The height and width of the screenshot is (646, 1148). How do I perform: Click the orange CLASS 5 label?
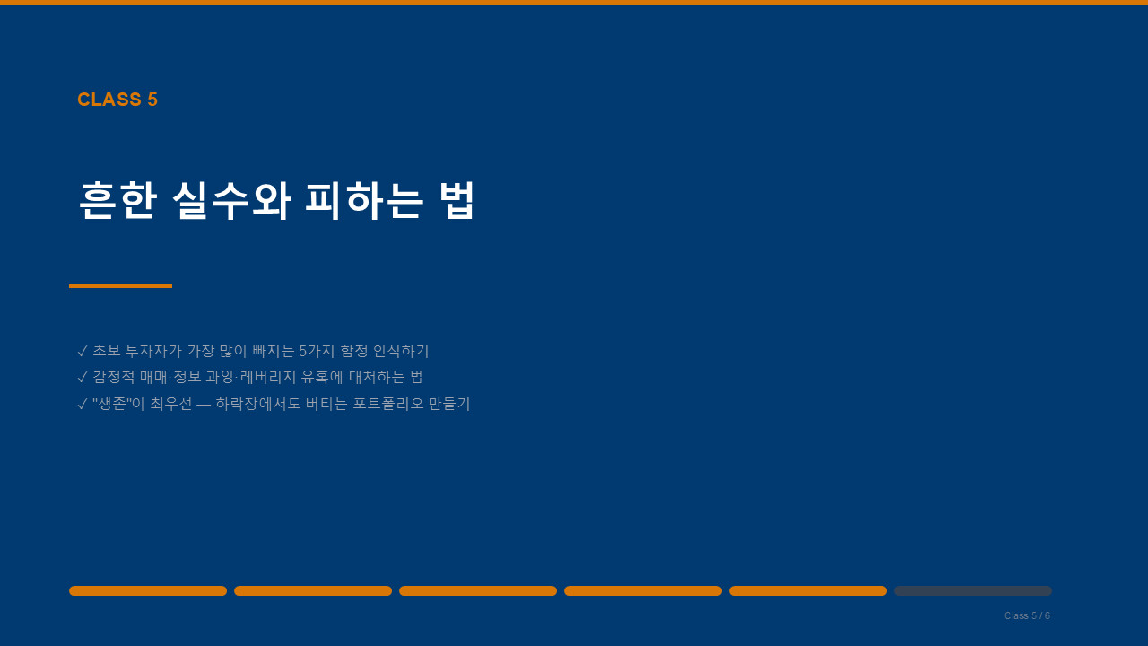[117, 100]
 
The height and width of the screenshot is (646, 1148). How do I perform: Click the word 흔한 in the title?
[117, 200]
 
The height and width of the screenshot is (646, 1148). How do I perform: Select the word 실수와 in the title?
[231, 200]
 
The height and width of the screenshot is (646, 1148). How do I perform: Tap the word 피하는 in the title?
[364, 200]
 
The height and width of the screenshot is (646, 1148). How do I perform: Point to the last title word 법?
[457, 200]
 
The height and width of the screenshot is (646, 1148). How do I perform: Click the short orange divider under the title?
[120, 286]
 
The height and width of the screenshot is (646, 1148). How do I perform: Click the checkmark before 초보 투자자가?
[82, 351]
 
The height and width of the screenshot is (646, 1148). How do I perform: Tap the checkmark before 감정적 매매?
[82, 378]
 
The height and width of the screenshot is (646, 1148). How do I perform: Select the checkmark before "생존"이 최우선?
[82, 405]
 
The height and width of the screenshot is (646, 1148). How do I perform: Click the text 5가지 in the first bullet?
[317, 351]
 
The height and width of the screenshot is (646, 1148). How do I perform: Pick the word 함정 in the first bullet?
[354, 351]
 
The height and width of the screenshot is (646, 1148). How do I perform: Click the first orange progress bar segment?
[148, 590]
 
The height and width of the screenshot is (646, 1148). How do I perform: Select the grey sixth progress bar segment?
[973, 590]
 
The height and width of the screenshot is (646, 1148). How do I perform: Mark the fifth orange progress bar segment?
[808, 590]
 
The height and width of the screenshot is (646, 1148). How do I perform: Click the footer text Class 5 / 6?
[1027, 615]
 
